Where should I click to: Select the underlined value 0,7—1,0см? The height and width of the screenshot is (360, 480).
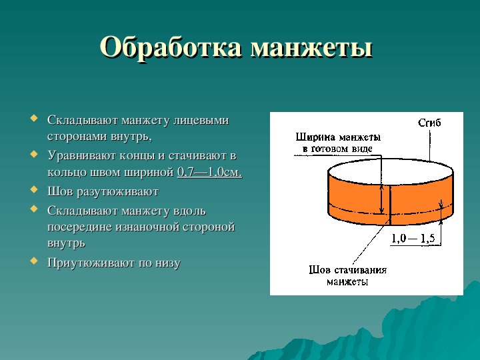point(210,172)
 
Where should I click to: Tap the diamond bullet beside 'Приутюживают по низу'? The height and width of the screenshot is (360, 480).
point(34,261)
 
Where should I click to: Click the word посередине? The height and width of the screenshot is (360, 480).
point(79,227)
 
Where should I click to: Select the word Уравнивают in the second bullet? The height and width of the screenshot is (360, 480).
point(81,156)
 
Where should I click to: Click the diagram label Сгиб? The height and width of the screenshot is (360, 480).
point(429,123)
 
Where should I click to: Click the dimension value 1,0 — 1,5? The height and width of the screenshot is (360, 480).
point(413,238)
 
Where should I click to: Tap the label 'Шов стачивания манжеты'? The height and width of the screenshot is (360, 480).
point(347,275)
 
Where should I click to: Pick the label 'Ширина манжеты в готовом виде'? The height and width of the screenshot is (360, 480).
point(338,143)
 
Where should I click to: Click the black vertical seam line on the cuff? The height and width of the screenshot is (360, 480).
point(390,205)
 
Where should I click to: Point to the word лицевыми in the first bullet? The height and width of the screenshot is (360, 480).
point(201,120)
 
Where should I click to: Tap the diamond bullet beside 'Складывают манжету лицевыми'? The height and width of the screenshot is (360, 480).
point(34,118)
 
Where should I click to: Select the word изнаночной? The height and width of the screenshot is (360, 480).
point(147,227)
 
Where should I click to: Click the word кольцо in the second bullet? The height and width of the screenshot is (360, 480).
point(67,173)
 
